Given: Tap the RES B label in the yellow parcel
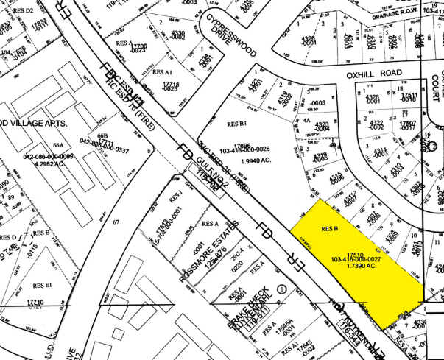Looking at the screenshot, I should [x=328, y=229].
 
